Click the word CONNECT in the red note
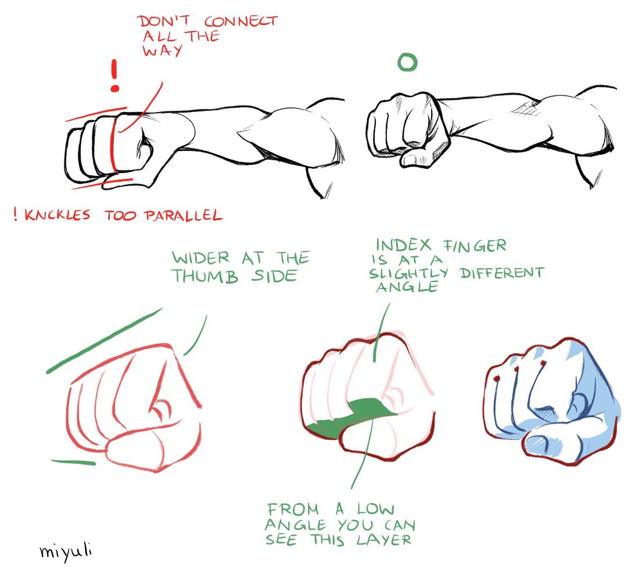pos(241,21)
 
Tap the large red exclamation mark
pos(115,75)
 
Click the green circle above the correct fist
pos(408,63)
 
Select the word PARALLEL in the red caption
pos(184,215)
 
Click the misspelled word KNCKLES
pos(58,215)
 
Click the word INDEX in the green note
pos(404,245)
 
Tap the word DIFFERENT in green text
pos(502,273)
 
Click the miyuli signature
pos(66,551)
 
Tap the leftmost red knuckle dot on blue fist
pos(496,379)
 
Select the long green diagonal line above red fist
pos(104,341)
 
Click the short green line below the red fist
pos(73,462)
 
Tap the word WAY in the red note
pos(162,51)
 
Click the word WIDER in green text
pos(201,258)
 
